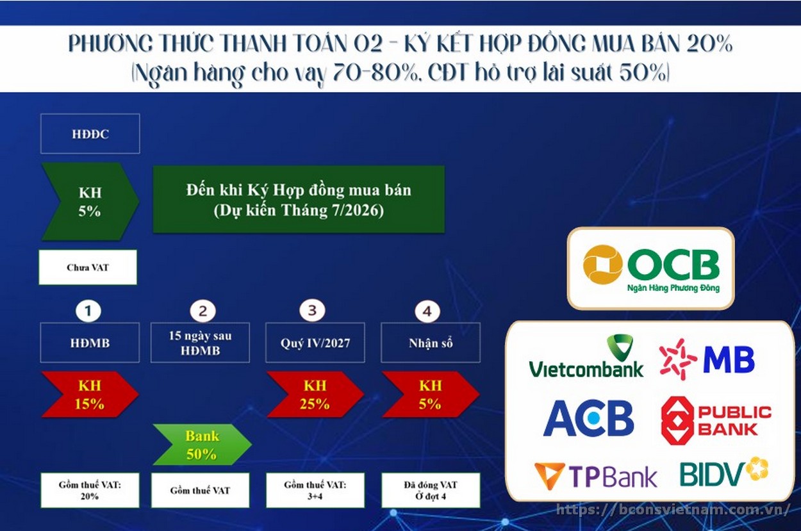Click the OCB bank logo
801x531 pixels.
[651, 268]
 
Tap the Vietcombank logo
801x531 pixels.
[586, 356]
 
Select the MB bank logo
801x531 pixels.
[707, 359]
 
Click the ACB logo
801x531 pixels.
[588, 418]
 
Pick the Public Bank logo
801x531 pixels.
[716, 421]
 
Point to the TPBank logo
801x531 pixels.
[596, 476]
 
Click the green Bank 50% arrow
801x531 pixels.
[202, 445]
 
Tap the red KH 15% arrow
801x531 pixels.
[90, 395]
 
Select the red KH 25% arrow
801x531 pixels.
[315, 395]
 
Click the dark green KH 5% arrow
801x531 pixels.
[90, 202]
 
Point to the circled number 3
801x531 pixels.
[312, 310]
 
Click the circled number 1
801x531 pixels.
[88, 311]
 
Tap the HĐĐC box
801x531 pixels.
[90, 134]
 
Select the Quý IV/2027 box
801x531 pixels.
[315, 343]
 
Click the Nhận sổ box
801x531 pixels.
[431, 343]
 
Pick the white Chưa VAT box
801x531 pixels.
[88, 267]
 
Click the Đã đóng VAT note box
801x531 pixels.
[431, 490]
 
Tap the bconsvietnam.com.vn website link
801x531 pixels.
[673, 510]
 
